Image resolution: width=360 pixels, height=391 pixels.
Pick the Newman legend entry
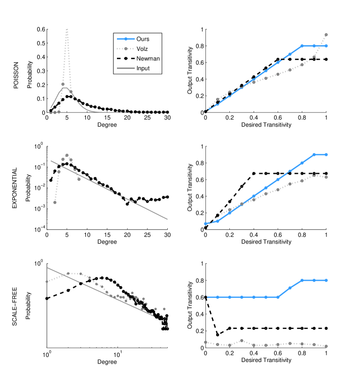click(x=145, y=58)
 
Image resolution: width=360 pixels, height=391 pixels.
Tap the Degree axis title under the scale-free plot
click(x=107, y=362)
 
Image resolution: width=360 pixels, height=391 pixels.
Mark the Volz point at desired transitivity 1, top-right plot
click(x=326, y=35)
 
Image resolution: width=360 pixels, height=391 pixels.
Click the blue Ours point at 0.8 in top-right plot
click(x=302, y=46)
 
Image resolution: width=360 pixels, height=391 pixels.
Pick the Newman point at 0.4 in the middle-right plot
click(x=254, y=173)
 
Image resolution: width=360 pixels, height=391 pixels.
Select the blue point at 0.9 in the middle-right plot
click(x=314, y=155)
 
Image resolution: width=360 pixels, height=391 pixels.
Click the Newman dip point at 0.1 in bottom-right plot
click(x=218, y=335)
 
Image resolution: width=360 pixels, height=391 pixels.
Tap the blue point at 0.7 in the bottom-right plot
click(x=290, y=288)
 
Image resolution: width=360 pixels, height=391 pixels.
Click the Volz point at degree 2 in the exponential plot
click(x=54, y=202)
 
